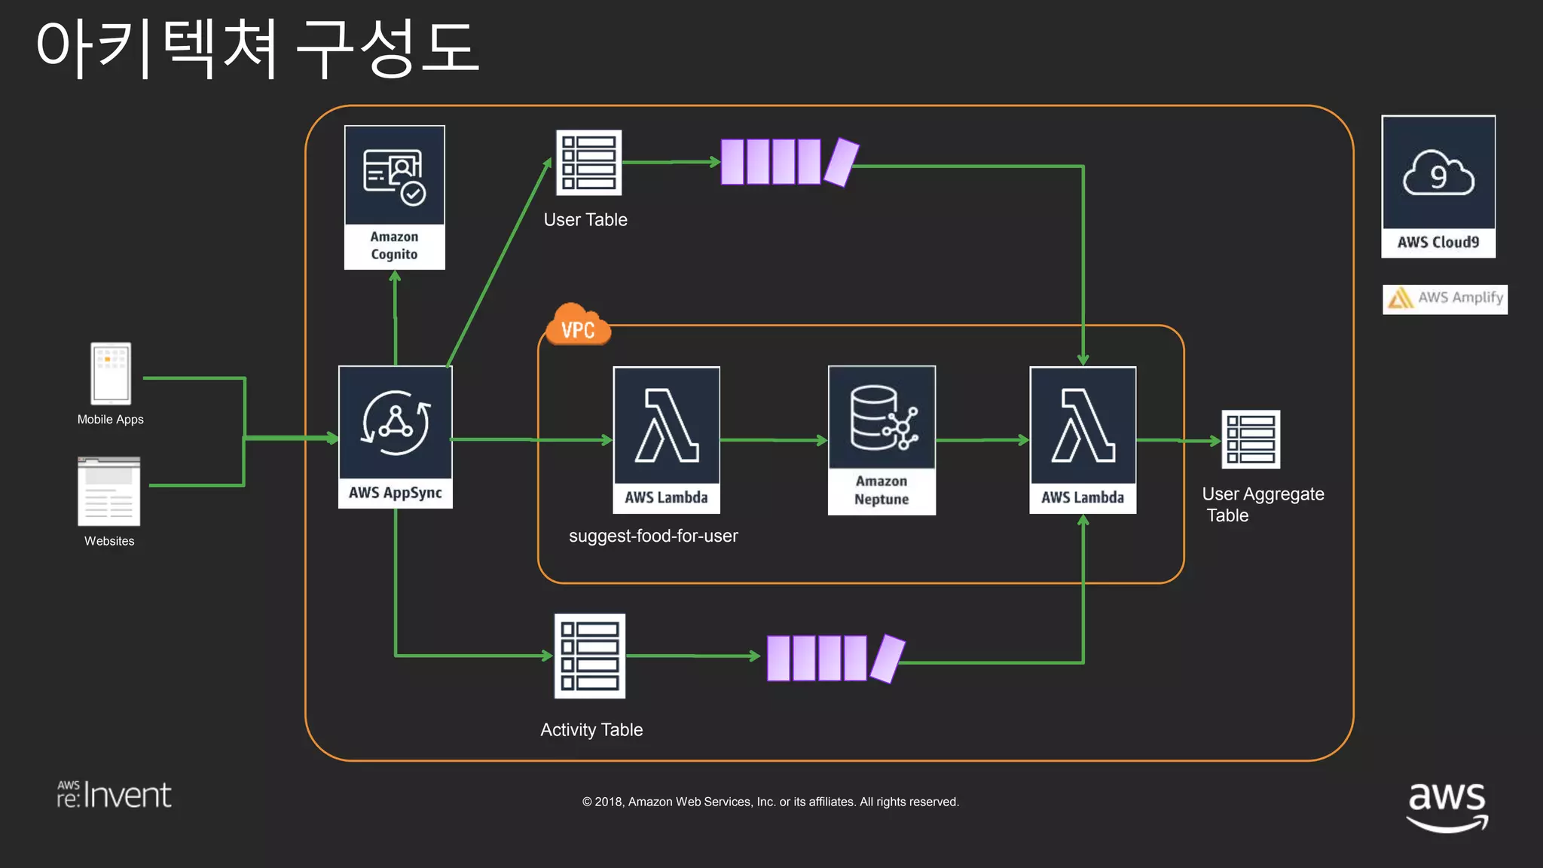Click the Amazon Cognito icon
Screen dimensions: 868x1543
point(394,196)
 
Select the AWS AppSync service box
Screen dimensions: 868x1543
point(395,436)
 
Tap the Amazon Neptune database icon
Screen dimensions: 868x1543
point(881,439)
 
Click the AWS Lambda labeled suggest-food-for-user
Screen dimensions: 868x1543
point(666,439)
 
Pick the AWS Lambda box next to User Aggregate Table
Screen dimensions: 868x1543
point(1083,439)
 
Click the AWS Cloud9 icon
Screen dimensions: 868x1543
point(1438,185)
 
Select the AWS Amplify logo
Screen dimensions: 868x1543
point(1444,298)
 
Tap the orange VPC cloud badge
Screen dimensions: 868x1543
point(578,326)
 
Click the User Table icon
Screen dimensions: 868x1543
point(588,163)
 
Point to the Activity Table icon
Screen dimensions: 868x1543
point(589,656)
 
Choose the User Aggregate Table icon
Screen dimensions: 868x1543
point(1250,439)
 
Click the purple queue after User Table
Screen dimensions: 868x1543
point(788,162)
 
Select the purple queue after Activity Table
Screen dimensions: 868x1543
point(835,658)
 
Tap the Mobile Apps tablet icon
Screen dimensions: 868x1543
point(111,374)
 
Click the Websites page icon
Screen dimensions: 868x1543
point(109,491)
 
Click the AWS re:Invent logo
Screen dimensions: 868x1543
point(115,795)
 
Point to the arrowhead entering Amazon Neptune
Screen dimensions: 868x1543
point(822,440)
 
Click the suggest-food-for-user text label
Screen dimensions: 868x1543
point(653,536)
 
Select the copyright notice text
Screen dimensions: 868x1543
point(770,802)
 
